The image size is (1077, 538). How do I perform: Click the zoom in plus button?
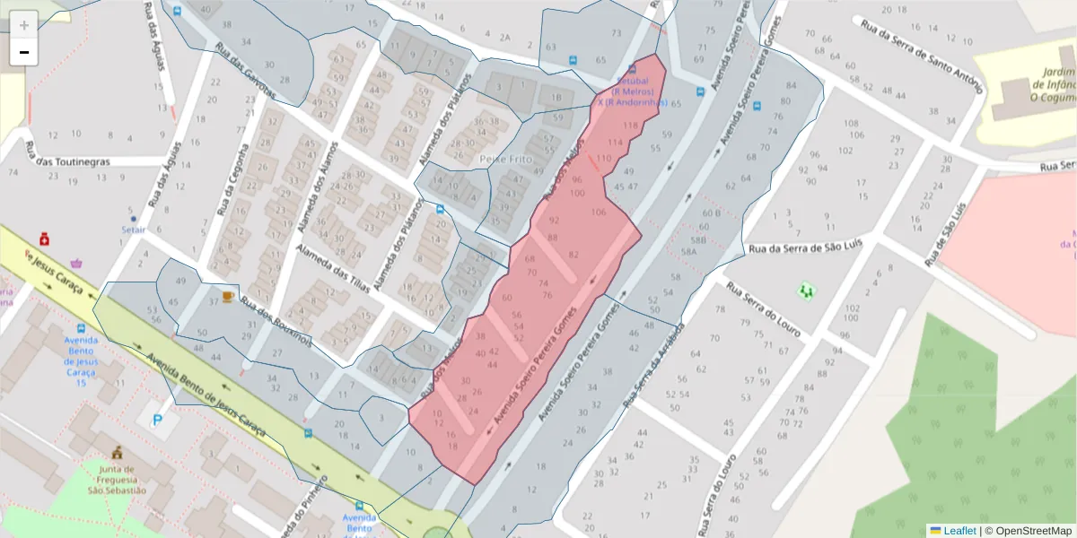tap(24, 24)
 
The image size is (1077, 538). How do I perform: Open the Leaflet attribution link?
tap(959, 530)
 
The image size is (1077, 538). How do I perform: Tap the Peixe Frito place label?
tap(507, 160)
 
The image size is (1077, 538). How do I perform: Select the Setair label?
tap(133, 229)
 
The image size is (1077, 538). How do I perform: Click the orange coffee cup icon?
tap(227, 296)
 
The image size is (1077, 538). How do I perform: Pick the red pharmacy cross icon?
tap(44, 240)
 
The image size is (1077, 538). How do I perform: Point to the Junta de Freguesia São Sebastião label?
tap(117, 480)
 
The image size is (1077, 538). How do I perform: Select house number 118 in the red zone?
tap(630, 126)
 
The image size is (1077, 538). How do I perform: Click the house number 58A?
tap(688, 253)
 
